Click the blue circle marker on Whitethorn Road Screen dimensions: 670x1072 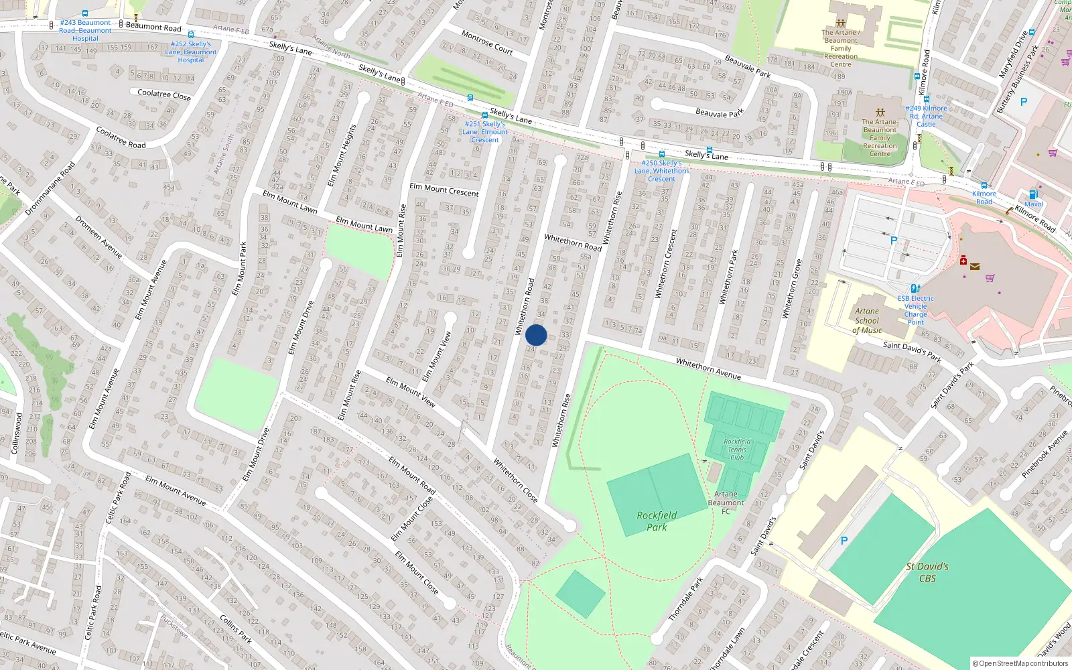536,335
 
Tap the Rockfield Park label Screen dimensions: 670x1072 657,521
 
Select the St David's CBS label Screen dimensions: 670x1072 927,572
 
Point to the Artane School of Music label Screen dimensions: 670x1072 867,320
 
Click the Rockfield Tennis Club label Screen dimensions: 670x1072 737,449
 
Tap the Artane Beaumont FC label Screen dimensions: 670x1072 726,503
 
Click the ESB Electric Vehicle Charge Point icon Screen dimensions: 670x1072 915,289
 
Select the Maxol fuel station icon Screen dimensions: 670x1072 1033,195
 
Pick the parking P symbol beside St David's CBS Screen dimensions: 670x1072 844,541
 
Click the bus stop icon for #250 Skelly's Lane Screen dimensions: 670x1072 661,154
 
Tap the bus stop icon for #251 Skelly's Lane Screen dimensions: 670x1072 484,115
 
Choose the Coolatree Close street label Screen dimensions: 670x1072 164,95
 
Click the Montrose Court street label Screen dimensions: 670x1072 487,42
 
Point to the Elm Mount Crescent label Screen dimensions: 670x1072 444,190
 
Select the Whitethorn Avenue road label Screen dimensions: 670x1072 708,368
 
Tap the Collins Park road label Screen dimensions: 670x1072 236,630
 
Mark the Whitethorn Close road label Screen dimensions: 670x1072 516,480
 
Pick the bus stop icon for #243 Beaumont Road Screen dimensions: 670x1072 85,13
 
